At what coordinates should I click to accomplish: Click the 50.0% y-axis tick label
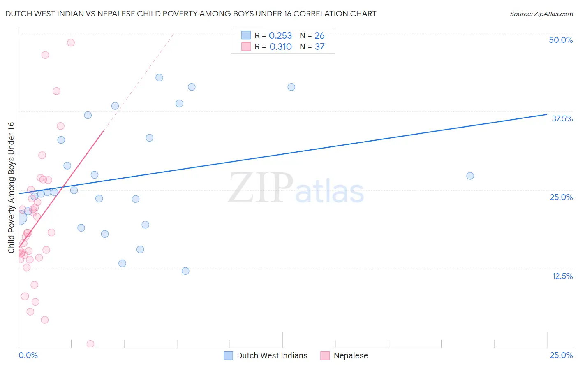point(561,40)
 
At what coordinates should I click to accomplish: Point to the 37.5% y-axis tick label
point(562,118)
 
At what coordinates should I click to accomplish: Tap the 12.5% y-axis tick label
point(562,276)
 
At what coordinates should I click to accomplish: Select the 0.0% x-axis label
point(28,355)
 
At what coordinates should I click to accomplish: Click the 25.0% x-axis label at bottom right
point(561,355)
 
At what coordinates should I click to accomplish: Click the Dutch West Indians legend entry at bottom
point(272,355)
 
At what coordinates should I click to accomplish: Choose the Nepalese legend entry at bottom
point(350,355)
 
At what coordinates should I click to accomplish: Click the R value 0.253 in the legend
point(280,36)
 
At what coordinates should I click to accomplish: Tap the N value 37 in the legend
point(319,47)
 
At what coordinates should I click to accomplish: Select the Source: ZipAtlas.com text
point(541,14)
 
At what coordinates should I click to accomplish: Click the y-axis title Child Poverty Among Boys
point(12,188)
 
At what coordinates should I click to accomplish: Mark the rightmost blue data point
point(470,176)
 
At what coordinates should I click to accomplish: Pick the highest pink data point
point(71,42)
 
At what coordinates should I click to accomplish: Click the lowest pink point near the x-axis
point(90,344)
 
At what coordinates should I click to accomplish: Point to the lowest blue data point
point(185,271)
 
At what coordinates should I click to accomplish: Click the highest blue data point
point(159,78)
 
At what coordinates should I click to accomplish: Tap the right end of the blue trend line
point(547,114)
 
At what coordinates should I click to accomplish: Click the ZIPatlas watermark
point(296,188)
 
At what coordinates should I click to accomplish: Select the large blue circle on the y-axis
point(19,218)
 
